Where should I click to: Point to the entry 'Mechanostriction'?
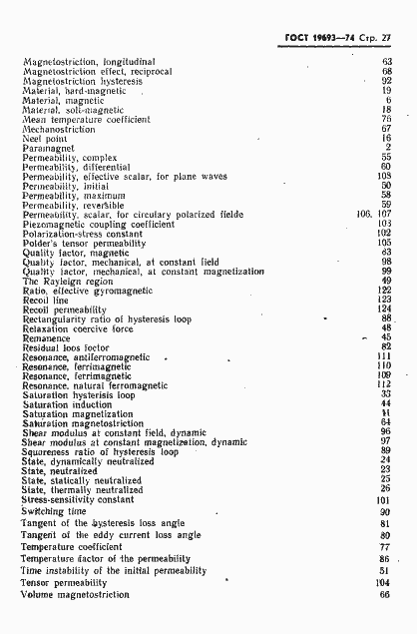[x=59, y=129]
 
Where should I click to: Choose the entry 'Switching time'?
[x=53, y=510]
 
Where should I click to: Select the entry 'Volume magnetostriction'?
[x=76, y=594]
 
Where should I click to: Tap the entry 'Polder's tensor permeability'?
[x=84, y=243]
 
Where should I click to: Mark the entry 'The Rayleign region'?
[x=67, y=281]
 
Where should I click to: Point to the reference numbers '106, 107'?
[x=374, y=214]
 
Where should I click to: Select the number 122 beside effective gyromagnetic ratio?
[x=384, y=290]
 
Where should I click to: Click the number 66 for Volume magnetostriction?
[x=386, y=594]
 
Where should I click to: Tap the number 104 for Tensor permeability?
[x=384, y=581]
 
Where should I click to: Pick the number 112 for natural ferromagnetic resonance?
[x=384, y=384]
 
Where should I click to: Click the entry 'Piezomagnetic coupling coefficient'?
[x=98, y=224]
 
